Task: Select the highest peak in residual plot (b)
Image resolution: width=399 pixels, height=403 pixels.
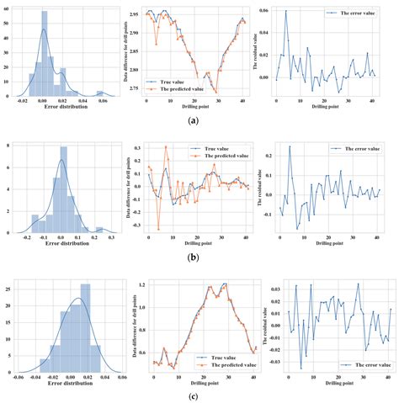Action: point(290,147)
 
